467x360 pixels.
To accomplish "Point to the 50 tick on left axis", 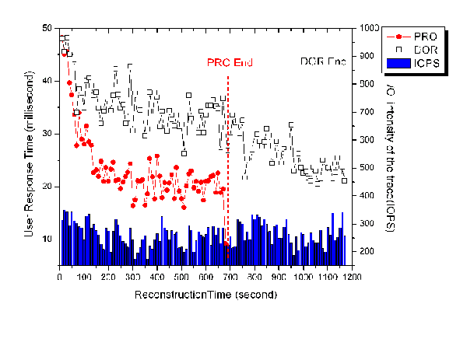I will pyautogui.click(x=47, y=28).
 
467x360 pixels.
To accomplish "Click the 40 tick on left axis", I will pyautogui.click(x=47, y=81).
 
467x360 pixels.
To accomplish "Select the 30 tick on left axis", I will pyautogui.click(x=47, y=134).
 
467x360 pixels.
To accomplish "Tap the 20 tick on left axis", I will pyautogui.click(x=47, y=187).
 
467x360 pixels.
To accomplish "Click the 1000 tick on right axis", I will pyautogui.click(x=367, y=28).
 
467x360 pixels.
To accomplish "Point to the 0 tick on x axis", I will pyautogui.click(x=60, y=276).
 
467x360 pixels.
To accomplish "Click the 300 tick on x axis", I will pyautogui.click(x=132, y=276).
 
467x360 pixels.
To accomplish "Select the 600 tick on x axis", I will pyautogui.click(x=205, y=276).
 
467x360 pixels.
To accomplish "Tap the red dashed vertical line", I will pyautogui.click(x=228, y=156).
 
